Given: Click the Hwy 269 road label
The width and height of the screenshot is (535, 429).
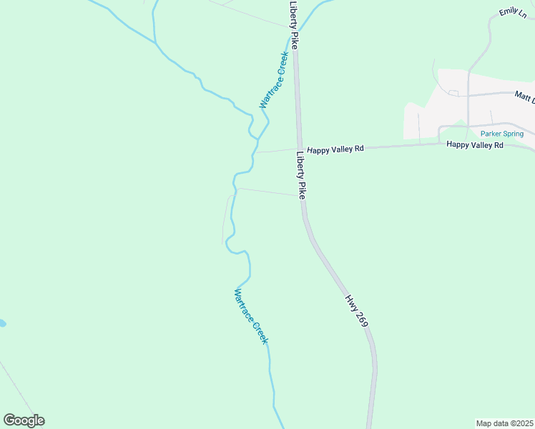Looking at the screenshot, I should click(356, 311).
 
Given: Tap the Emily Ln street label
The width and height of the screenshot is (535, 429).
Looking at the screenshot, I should click(509, 12).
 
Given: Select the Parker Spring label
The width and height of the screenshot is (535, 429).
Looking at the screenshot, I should click(507, 134).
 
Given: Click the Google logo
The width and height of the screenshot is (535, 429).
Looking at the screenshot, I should click(24, 420).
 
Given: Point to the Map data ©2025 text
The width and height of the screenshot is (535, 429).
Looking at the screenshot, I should click(505, 423).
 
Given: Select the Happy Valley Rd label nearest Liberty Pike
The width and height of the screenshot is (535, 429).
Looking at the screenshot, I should click(335, 149).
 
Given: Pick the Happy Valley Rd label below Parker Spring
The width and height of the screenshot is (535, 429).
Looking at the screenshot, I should click(475, 145).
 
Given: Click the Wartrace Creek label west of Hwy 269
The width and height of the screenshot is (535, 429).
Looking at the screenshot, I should click(251, 316).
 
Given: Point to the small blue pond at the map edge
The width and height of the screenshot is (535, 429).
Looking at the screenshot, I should click(2, 323).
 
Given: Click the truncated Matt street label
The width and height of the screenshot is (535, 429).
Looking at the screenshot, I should click(524, 95).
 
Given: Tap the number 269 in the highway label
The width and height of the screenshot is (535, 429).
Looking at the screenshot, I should click(361, 320).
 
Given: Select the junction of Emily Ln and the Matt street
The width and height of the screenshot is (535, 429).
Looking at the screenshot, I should click(468, 94).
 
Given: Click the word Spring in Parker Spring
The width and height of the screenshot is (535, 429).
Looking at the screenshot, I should click(518, 134).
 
